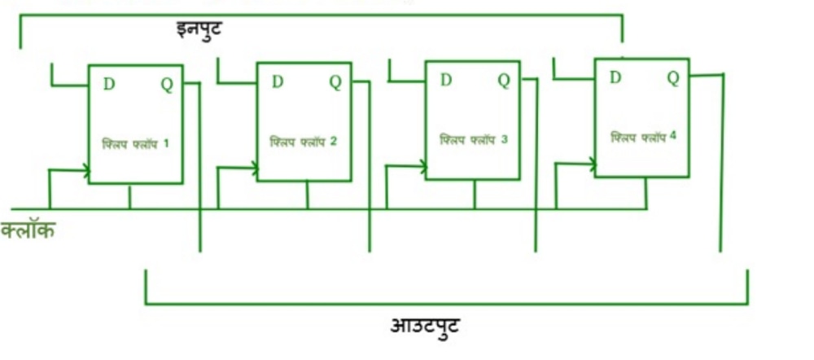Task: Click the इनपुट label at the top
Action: tap(199, 29)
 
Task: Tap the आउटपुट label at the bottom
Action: tap(425, 327)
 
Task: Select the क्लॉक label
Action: tap(28, 230)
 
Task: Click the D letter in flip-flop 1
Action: tap(109, 84)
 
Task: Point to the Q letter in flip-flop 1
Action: tap(167, 85)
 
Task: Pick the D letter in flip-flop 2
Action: tap(278, 81)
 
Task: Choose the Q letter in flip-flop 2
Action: tap(335, 82)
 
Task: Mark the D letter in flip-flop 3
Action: tap(446, 80)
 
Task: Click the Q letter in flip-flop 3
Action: tap(504, 81)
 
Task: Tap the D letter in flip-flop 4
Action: tap(615, 77)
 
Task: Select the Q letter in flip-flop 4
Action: tap(673, 78)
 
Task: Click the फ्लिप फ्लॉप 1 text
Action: tap(135, 144)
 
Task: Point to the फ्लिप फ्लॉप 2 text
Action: tap(304, 142)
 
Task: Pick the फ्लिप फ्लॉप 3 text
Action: tap(474, 140)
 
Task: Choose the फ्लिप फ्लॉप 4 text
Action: tap(643, 138)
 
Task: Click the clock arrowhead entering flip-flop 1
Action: tap(85, 169)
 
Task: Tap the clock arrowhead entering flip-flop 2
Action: tap(254, 167)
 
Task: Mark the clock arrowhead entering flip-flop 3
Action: tap(423, 166)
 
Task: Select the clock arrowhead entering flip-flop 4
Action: tap(592, 165)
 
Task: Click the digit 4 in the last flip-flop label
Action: tap(673, 137)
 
